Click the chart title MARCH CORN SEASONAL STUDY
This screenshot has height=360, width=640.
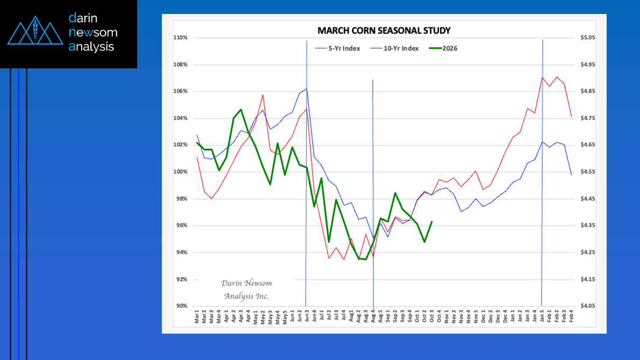[x=383, y=30]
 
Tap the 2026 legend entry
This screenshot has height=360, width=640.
[x=449, y=48]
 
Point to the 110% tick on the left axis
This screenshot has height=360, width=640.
[x=180, y=38]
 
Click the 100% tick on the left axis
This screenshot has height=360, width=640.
[x=180, y=172]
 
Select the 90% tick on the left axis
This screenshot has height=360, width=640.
[x=181, y=306]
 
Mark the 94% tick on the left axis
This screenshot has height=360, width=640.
[x=181, y=252]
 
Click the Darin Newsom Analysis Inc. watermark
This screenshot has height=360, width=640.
[x=246, y=290]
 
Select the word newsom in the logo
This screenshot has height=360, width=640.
[x=93, y=32]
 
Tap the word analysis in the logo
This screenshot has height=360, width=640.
[x=91, y=47]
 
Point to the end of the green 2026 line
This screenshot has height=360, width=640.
[x=432, y=222]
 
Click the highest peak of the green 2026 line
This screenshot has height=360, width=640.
[x=240, y=110]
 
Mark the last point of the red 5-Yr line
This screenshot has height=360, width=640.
[x=571, y=116]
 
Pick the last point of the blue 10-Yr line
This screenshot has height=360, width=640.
[x=571, y=174]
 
